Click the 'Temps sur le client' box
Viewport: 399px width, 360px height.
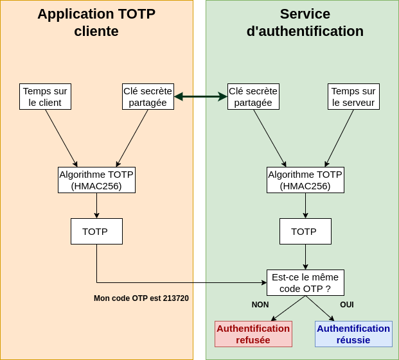pyautogui.click(x=45, y=96)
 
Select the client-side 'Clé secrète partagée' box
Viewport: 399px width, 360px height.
pyautogui.click(x=148, y=96)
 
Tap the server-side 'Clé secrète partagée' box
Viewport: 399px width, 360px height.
pyautogui.click(x=253, y=96)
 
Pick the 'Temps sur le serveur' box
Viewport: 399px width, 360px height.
pyautogui.click(x=353, y=96)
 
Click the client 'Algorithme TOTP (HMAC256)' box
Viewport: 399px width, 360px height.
pyautogui.click(x=96, y=180)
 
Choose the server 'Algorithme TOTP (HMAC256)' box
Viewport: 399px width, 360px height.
pyautogui.click(x=305, y=180)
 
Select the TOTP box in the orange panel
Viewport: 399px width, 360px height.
pyautogui.click(x=96, y=231)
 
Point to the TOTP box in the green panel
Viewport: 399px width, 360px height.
pyautogui.click(x=305, y=231)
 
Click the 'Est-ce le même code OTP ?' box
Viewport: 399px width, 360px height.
pyautogui.click(x=305, y=282)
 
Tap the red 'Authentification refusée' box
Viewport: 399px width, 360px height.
pyautogui.click(x=253, y=334)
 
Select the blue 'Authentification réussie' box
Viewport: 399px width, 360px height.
pyautogui.click(x=353, y=334)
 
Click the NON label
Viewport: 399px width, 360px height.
pyautogui.click(x=260, y=305)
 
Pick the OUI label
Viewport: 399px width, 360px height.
pyautogui.click(x=347, y=305)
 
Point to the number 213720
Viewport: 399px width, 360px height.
pyautogui.click(x=175, y=298)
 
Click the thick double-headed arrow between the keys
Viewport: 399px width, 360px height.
pyautogui.click(x=200, y=96)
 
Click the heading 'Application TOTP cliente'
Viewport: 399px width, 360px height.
pyautogui.click(x=96, y=22)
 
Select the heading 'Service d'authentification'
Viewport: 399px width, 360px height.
pyautogui.click(x=305, y=22)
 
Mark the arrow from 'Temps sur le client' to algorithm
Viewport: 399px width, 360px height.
pyautogui.click(x=61, y=138)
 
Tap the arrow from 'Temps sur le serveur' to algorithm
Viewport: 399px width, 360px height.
pyautogui.click(x=339, y=138)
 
